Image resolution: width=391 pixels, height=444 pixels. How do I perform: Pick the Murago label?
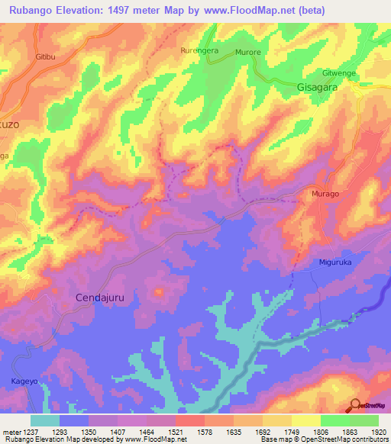pos(325,195)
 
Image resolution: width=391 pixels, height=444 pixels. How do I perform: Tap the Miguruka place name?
pos(337,263)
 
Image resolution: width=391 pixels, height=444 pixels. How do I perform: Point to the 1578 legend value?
pos(205,431)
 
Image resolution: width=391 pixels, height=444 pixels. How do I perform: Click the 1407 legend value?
pos(118,431)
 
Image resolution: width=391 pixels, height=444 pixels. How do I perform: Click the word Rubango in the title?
pos(28,11)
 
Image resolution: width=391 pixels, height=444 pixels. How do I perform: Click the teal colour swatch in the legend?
pos(44,420)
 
